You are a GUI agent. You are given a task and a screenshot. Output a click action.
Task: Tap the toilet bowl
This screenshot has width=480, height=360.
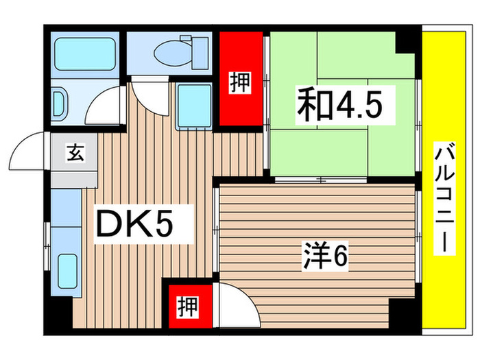171,49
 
